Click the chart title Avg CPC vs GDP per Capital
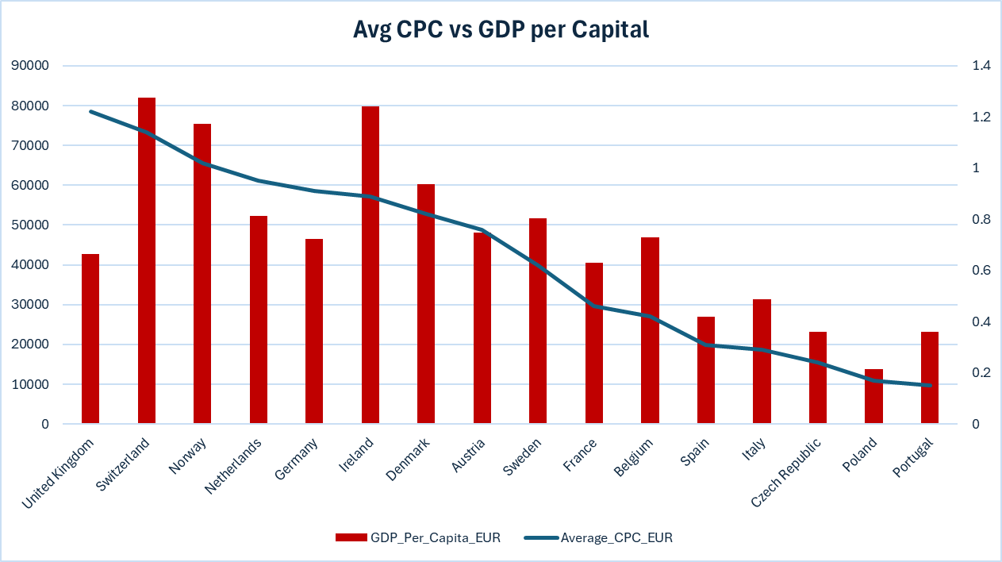coord(501,30)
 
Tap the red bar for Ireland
coord(370,265)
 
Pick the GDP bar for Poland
coord(873,396)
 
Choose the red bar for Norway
coord(202,274)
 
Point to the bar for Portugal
coord(930,378)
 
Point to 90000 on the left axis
coord(30,66)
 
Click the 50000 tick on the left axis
coord(30,225)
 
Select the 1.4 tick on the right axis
coord(981,66)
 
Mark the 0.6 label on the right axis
coord(981,271)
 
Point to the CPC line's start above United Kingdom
coord(90,111)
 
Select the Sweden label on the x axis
coord(522,458)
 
